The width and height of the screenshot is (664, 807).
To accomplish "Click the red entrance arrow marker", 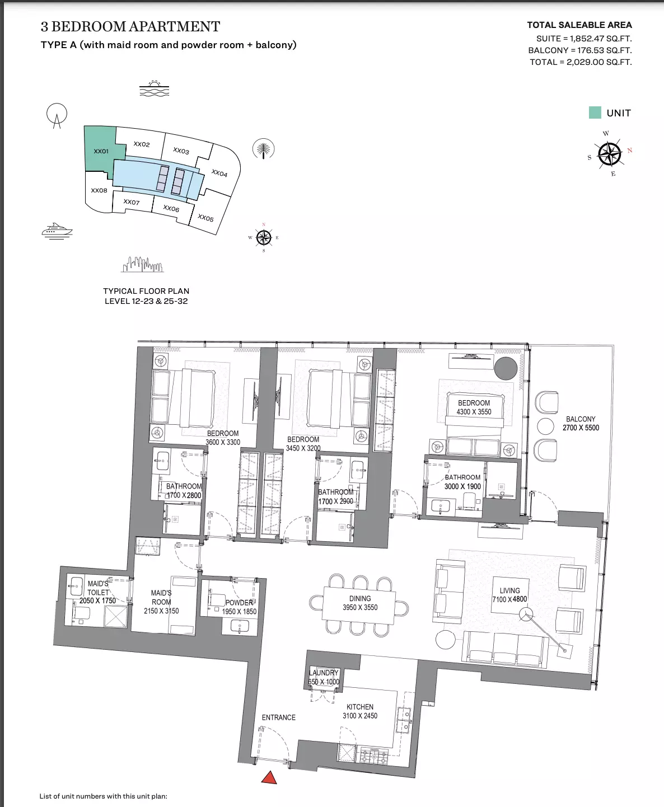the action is click(x=269, y=777).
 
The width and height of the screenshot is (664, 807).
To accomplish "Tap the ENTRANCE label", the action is click(x=279, y=717).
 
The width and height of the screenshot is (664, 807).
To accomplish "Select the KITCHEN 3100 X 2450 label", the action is click(x=360, y=711).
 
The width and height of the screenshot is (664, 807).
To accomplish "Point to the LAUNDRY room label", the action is click(x=324, y=677).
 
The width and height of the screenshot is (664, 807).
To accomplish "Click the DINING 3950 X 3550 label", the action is click(x=360, y=603).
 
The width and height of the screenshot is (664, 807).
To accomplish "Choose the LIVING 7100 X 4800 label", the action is click(x=509, y=595).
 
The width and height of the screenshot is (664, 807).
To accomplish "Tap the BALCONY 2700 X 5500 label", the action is click(x=581, y=423).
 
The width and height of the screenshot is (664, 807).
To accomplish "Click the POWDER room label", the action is click(x=239, y=607).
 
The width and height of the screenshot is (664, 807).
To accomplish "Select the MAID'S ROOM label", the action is click(x=161, y=602).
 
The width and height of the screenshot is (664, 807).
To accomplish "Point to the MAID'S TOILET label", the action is click(x=97, y=592).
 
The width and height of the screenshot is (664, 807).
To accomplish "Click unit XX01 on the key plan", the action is click(x=101, y=151).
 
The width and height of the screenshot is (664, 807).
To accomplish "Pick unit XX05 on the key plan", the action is click(x=205, y=218).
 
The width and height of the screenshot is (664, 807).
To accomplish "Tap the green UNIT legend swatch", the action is click(x=595, y=112).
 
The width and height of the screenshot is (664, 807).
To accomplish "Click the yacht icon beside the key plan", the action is click(x=57, y=231).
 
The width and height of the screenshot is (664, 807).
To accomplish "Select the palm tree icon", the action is click(x=263, y=148).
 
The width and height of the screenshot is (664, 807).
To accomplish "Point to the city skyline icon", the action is click(x=142, y=264).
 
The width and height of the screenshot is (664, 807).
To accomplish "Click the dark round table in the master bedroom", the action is click(x=506, y=368).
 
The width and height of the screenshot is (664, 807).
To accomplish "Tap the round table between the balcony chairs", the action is click(x=545, y=426).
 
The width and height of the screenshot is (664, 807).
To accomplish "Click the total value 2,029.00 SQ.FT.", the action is click(x=599, y=62).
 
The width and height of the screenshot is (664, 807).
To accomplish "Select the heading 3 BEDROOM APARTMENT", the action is click(x=130, y=26).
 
